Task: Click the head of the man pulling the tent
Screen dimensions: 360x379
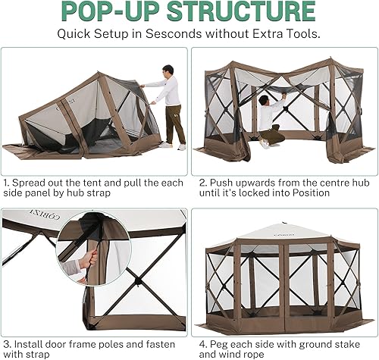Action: pyautogui.click(x=168, y=70)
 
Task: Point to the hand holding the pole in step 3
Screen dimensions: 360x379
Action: pyautogui.click(x=92, y=260)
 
